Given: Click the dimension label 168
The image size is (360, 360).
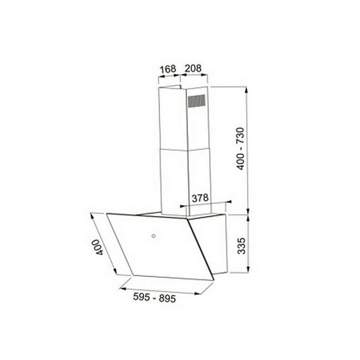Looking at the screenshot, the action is pos(168,69).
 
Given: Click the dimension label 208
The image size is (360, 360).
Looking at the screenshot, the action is pos(193,68).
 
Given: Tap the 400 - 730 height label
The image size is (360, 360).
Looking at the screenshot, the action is pos(241,149).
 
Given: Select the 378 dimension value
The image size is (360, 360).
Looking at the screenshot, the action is pos(200,198).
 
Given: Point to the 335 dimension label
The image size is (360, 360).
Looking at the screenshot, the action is pos(241,246).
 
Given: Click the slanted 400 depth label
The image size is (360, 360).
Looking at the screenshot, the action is pos(98,247).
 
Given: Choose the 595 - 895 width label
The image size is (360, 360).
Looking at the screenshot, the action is pos(154,298).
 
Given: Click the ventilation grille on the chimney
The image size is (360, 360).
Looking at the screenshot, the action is pos(196,101).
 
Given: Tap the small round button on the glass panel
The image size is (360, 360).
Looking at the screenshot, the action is pos(154,236).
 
